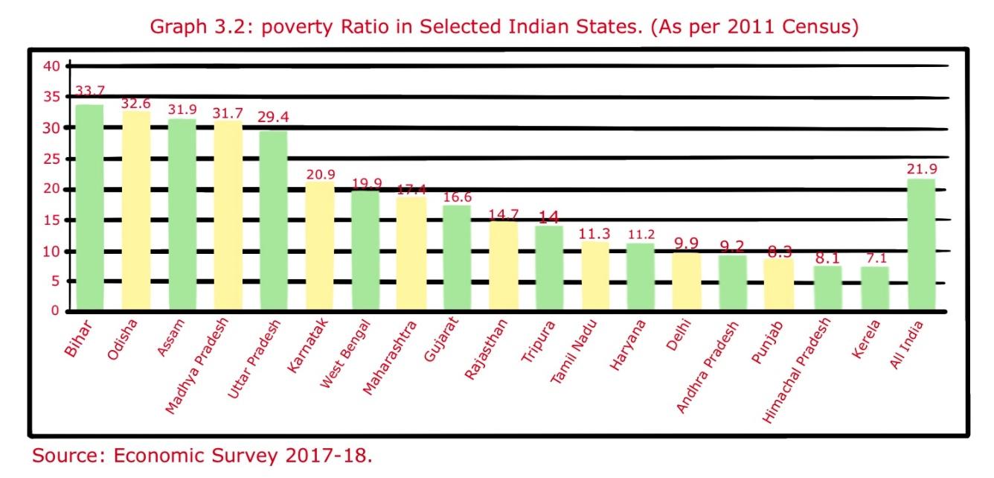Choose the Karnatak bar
click(x=320, y=246)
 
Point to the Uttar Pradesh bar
click(x=273, y=220)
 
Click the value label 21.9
click(x=921, y=169)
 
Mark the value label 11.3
click(x=594, y=234)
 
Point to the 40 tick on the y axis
click(x=51, y=66)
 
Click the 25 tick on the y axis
click(x=51, y=159)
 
